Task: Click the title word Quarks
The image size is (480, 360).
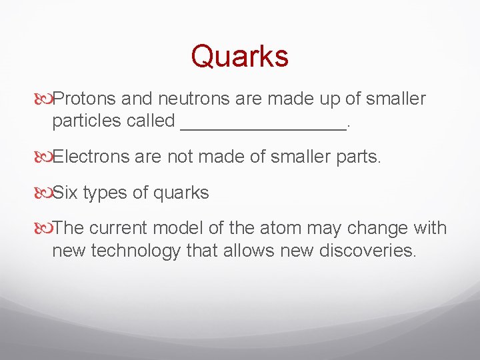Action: (x=239, y=56)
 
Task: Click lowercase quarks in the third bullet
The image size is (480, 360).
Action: (x=181, y=194)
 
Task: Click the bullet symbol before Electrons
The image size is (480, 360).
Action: (x=44, y=157)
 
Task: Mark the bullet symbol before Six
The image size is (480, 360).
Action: (x=44, y=193)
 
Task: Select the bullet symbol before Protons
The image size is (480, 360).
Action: (x=44, y=99)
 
